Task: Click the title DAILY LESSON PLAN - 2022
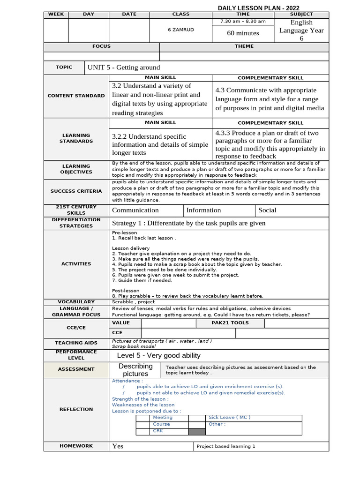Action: coord(258,8)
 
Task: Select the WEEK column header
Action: coord(56,15)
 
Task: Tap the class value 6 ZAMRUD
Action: coord(180,30)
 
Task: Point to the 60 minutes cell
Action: coord(243,33)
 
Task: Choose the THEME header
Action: coord(244,46)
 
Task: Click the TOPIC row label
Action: coord(64,67)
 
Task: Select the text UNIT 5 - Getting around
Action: coord(124,67)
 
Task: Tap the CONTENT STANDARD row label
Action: coord(76,96)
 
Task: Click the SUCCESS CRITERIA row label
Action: coord(76,191)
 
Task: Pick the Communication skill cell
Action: coord(135,210)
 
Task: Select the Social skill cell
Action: coord(267,210)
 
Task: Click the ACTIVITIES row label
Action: coord(76,264)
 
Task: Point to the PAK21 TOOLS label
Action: coord(230,323)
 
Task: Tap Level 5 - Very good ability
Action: coord(158,356)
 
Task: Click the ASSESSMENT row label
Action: coord(76,369)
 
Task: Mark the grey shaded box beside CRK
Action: coord(197,431)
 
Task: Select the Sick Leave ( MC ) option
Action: coord(230,417)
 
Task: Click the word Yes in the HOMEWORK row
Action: coord(118,446)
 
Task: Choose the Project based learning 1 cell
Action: coord(226,447)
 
